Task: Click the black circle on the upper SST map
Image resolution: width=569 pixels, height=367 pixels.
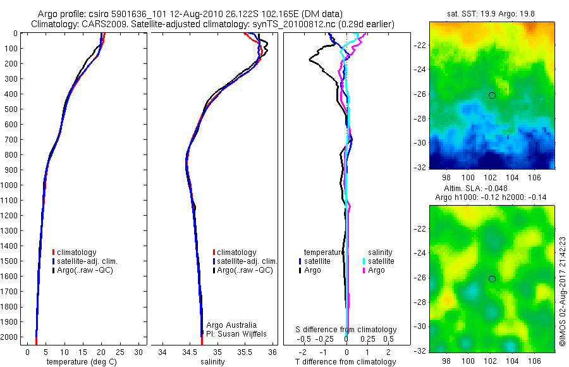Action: [492, 96]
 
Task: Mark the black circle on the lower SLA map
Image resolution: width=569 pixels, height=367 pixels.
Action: [492, 278]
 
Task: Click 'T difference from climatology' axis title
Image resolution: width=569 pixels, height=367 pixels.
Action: [346, 362]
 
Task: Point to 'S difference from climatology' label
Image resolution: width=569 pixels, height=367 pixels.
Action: [346, 330]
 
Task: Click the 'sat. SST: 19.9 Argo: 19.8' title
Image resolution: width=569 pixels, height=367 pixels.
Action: [491, 12]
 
